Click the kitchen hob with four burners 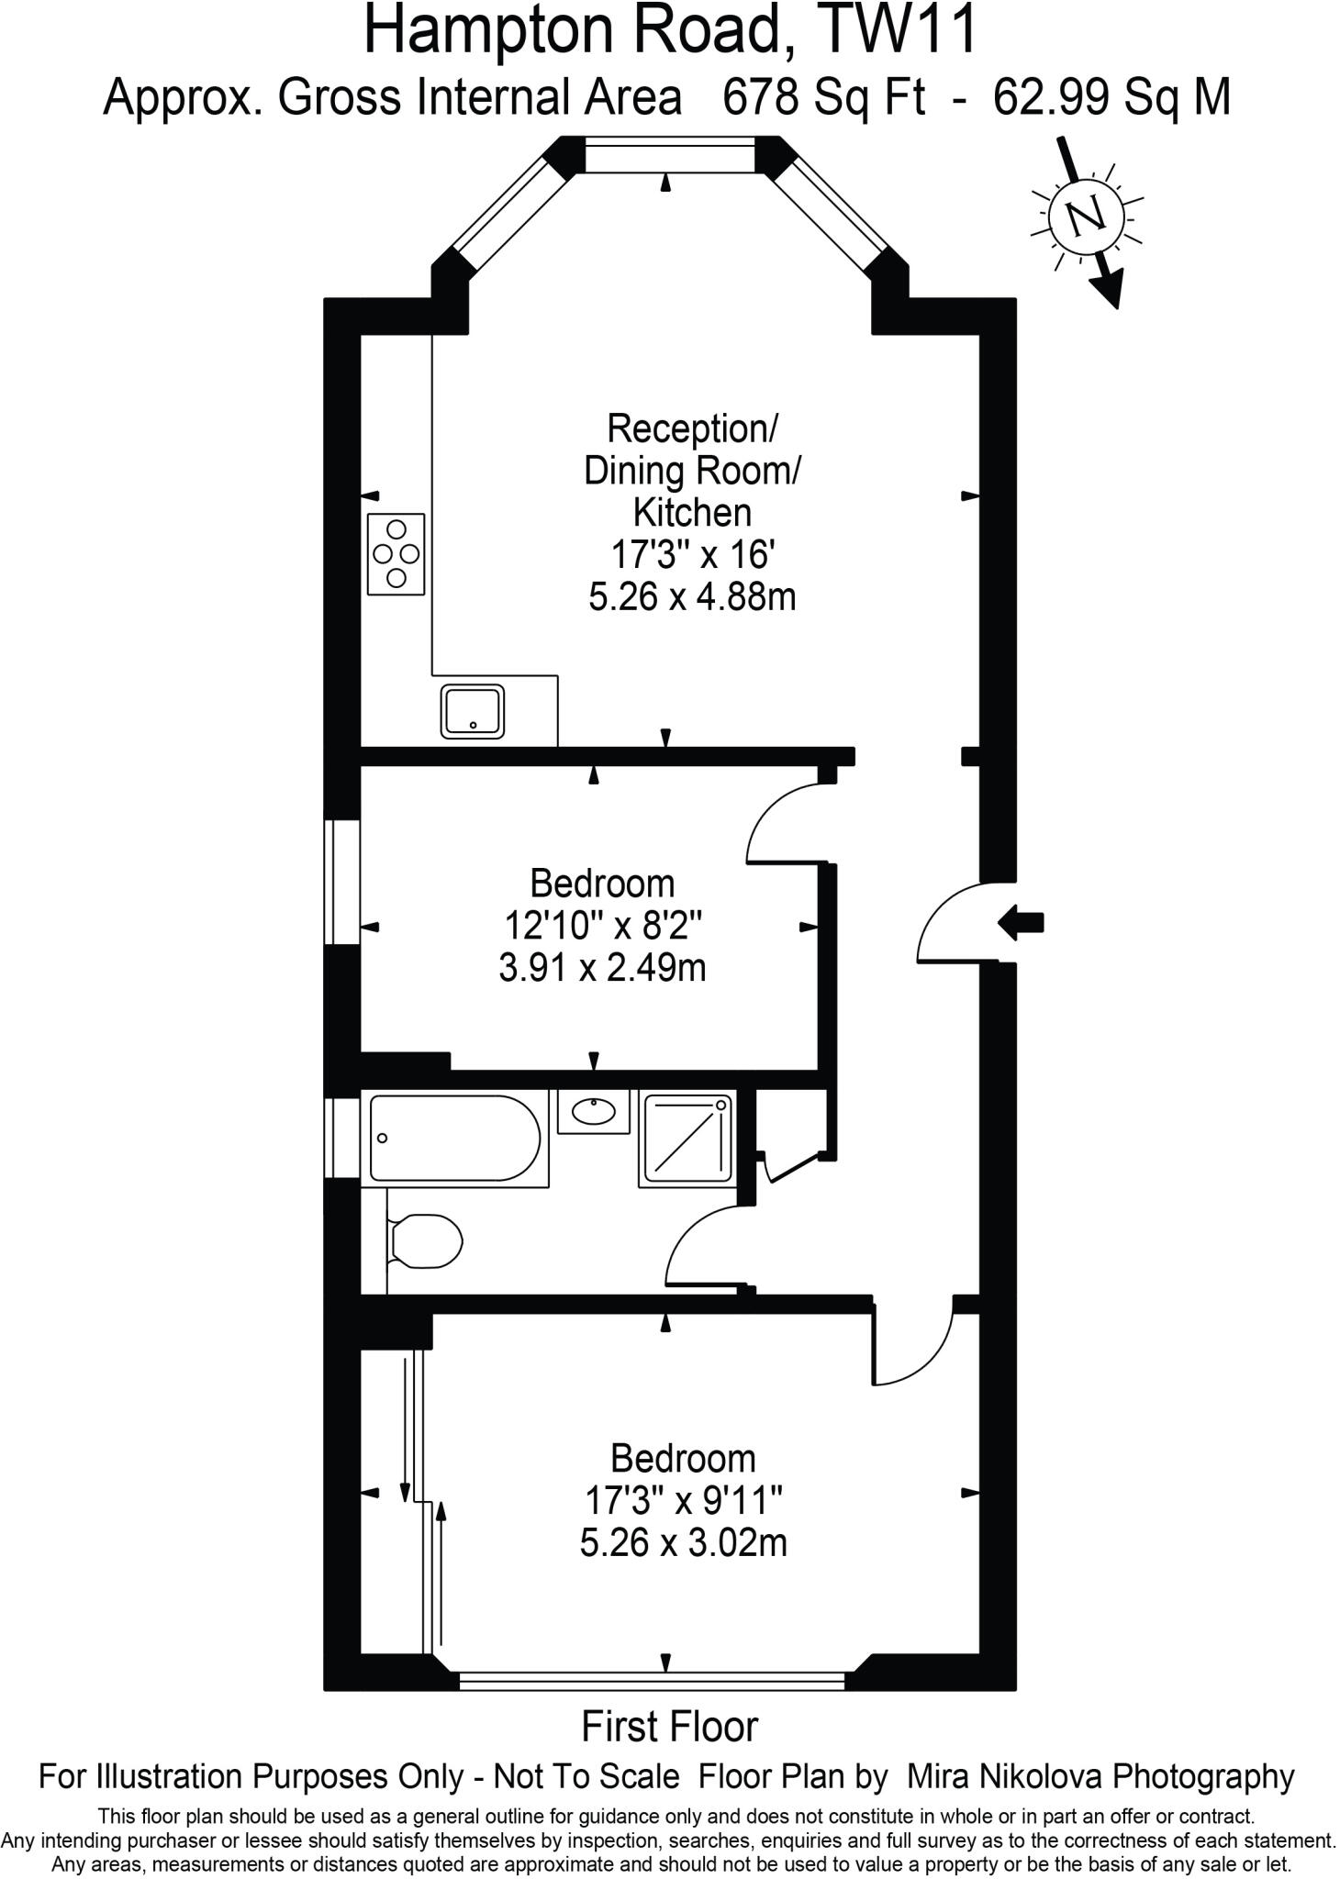coord(396,553)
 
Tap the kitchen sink coord(472,710)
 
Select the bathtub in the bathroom coord(455,1138)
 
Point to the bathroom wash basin coord(594,1111)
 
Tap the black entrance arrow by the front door coord(1020,922)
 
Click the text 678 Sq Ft coord(823,96)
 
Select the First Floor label coord(669,1727)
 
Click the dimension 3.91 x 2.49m coord(602,968)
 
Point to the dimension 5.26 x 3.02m coord(683,1542)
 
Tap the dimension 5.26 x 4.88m coord(691,597)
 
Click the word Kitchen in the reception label coord(692,512)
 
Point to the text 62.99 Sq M coord(1111,96)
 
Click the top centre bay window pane coord(669,154)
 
